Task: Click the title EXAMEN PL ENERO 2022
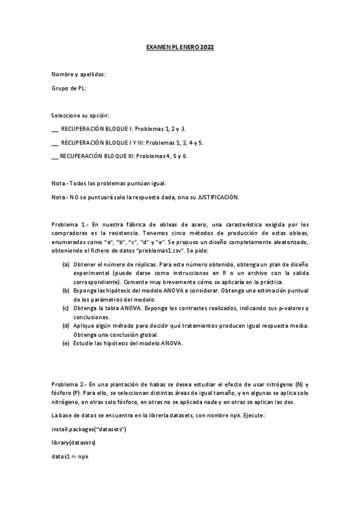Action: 180,46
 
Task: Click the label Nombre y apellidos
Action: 78,74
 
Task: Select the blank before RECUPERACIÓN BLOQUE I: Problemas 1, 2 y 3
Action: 55,129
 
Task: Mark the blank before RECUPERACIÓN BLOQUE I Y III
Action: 55,143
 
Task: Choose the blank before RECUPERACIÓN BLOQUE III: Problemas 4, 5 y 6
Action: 55,156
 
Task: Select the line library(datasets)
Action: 73,443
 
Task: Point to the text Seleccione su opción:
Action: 81,115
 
